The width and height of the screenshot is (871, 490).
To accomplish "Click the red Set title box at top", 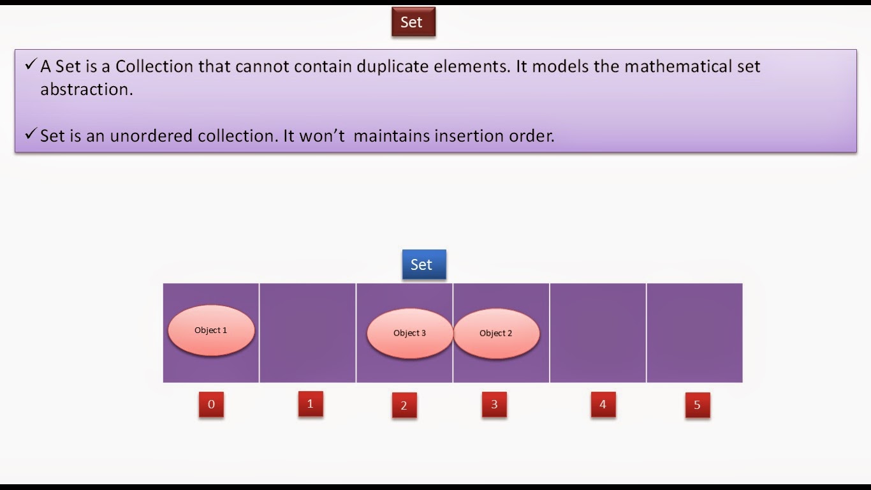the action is pos(413,22).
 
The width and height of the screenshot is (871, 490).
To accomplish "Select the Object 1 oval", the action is pos(211,330).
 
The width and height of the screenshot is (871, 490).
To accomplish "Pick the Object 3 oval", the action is pos(409,333).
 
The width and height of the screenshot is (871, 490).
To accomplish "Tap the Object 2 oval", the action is pos(496,333).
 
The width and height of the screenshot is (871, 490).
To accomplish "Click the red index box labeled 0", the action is pos(211,405).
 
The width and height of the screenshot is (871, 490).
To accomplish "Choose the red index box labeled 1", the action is pos(311,404).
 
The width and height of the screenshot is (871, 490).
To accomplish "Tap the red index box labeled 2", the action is pos(404,405).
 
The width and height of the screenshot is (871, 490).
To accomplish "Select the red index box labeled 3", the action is pos(494,405).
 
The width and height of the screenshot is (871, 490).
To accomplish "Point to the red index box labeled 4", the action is pos(603,405).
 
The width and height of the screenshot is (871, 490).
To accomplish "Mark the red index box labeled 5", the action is pos(697,405).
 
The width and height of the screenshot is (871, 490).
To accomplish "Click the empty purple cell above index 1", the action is pos(307,333).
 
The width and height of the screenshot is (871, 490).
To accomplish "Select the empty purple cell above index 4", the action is pos(597,333).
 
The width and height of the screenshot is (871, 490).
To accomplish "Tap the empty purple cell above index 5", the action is pos(694,333).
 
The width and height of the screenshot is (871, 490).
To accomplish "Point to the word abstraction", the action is pos(86,89).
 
